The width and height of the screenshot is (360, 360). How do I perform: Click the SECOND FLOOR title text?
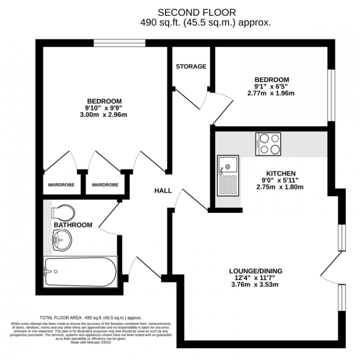(x=197, y=13)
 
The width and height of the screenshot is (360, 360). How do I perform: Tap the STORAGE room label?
(x=191, y=66)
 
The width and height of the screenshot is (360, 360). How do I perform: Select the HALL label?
(x=163, y=190)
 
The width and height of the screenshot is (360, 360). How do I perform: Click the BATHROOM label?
(x=73, y=225)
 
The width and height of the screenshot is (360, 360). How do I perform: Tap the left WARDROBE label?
(x=61, y=185)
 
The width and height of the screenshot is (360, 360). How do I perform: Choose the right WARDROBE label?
(x=105, y=185)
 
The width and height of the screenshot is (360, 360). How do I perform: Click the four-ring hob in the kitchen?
(x=269, y=144)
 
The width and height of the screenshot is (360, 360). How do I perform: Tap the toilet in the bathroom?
(x=63, y=212)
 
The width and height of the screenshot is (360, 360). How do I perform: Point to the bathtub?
(x=79, y=272)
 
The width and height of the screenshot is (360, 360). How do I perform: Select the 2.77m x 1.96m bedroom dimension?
(x=271, y=93)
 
